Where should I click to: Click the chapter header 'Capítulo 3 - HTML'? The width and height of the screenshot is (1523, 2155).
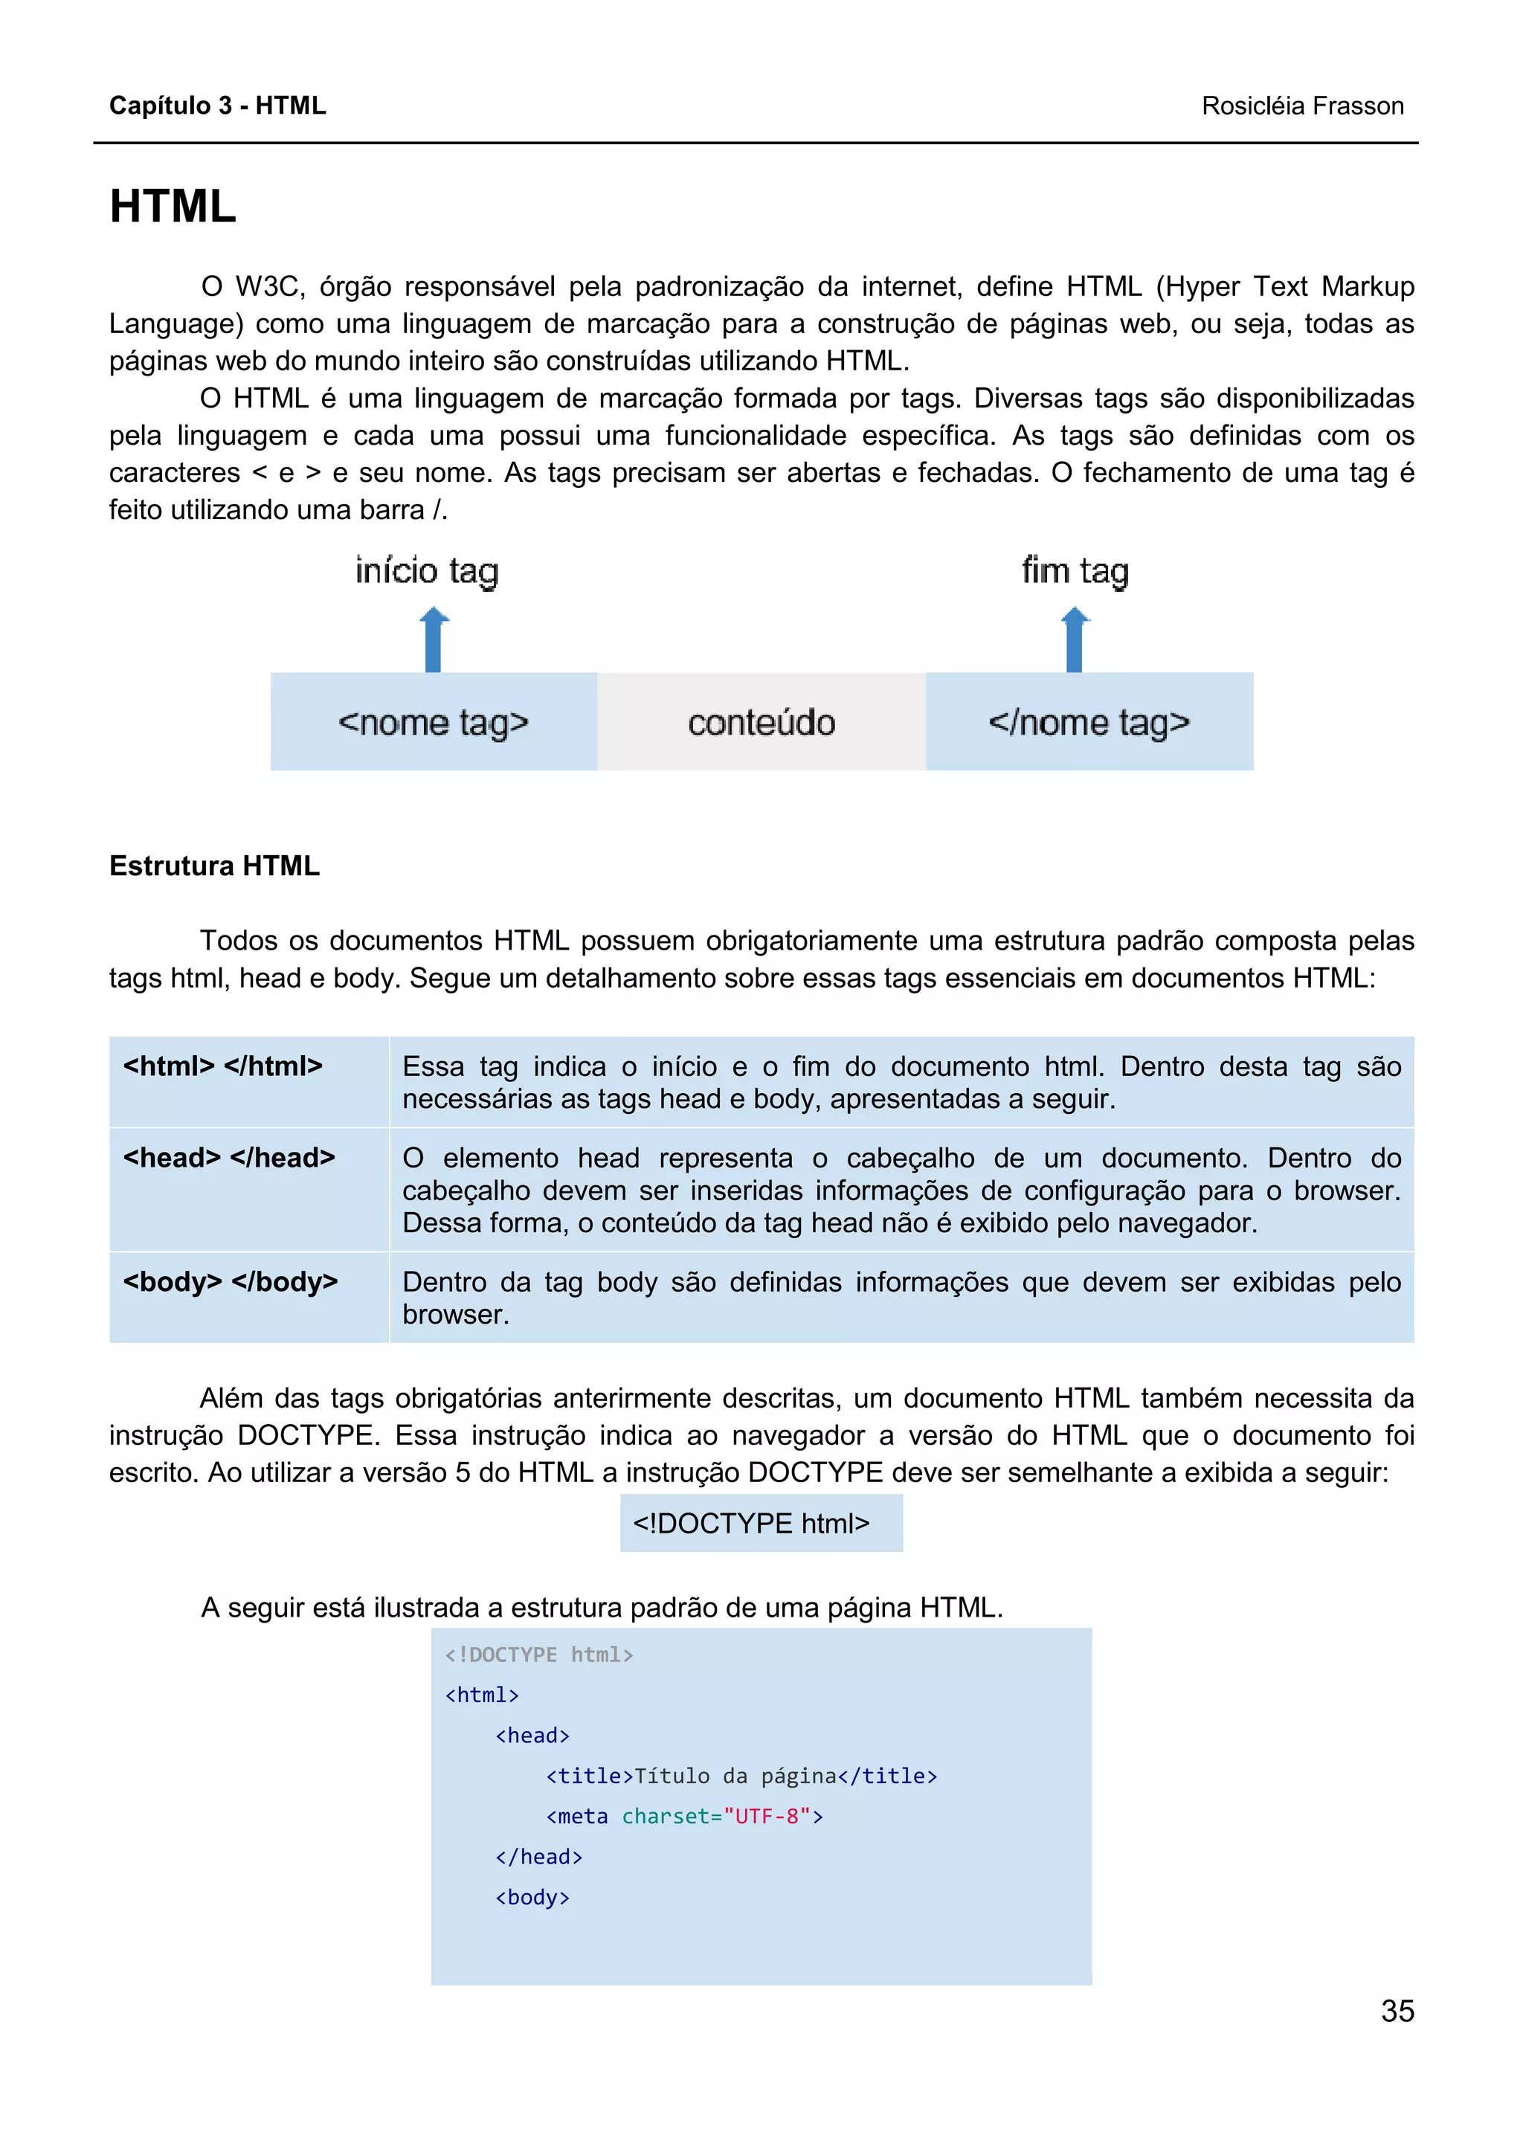coord(218,105)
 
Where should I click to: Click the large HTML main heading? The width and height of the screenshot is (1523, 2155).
coord(173,207)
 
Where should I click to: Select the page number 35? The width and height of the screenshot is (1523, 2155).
coord(1397,2011)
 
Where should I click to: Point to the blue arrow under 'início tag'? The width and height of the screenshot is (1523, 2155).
coord(434,640)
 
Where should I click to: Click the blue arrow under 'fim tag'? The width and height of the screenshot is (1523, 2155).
coord(1075,640)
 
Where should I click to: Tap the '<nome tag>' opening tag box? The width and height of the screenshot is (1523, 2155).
coord(434,722)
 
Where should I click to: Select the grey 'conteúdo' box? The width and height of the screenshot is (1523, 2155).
coord(761,722)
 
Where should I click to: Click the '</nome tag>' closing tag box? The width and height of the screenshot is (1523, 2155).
coord(1089,722)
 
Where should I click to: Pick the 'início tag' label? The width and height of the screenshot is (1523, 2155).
coord(427,570)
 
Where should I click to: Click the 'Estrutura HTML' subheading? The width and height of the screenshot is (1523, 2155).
coord(214,866)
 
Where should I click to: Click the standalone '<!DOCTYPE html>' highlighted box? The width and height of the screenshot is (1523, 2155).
coord(760,1522)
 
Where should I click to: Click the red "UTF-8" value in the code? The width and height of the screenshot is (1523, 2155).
coord(767,1816)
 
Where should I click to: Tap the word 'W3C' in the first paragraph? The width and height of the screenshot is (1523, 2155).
coord(270,286)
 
